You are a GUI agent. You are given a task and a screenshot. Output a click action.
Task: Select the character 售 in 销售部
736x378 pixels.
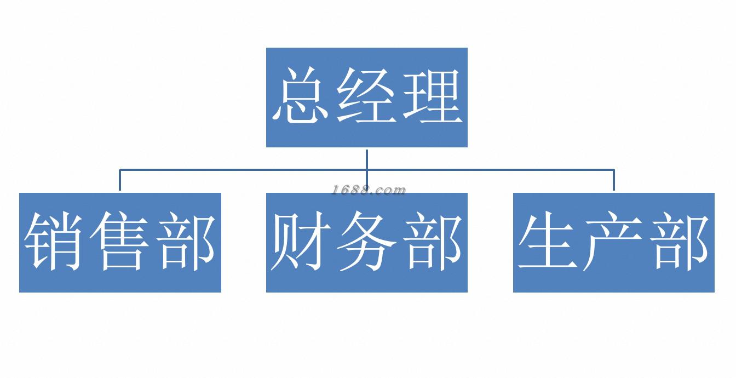[x=120, y=242]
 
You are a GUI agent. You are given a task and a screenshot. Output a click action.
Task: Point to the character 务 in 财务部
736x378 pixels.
[x=366, y=242]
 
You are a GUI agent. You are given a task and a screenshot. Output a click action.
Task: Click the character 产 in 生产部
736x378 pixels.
[x=613, y=242]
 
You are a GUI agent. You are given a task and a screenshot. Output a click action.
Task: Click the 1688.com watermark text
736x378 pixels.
[x=369, y=191]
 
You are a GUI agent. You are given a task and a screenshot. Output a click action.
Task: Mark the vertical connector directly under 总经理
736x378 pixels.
[x=367, y=159]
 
